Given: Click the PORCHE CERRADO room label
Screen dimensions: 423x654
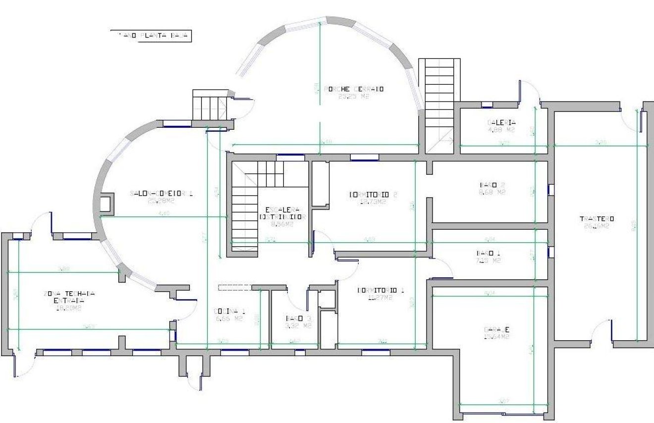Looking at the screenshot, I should [354, 89].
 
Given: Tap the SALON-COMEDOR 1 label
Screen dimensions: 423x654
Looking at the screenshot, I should [161, 193].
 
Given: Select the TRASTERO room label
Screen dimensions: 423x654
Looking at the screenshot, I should [597, 218].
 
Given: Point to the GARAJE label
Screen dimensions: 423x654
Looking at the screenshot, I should [496, 330].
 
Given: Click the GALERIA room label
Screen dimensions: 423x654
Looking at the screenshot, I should [501, 123].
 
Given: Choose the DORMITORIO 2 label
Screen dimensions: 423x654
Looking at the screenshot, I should [374, 194].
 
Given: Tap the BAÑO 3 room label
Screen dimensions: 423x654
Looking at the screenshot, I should [298, 318].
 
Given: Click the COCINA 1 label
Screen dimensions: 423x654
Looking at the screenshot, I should [228, 311].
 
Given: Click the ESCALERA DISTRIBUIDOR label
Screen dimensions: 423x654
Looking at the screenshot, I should [281, 212].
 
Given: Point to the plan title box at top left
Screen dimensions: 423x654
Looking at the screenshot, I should [151, 35].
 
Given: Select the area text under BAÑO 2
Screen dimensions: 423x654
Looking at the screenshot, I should [495, 192].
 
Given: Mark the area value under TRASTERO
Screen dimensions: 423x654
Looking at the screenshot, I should [597, 226].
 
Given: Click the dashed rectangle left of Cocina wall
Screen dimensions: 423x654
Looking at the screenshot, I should [234, 287].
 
